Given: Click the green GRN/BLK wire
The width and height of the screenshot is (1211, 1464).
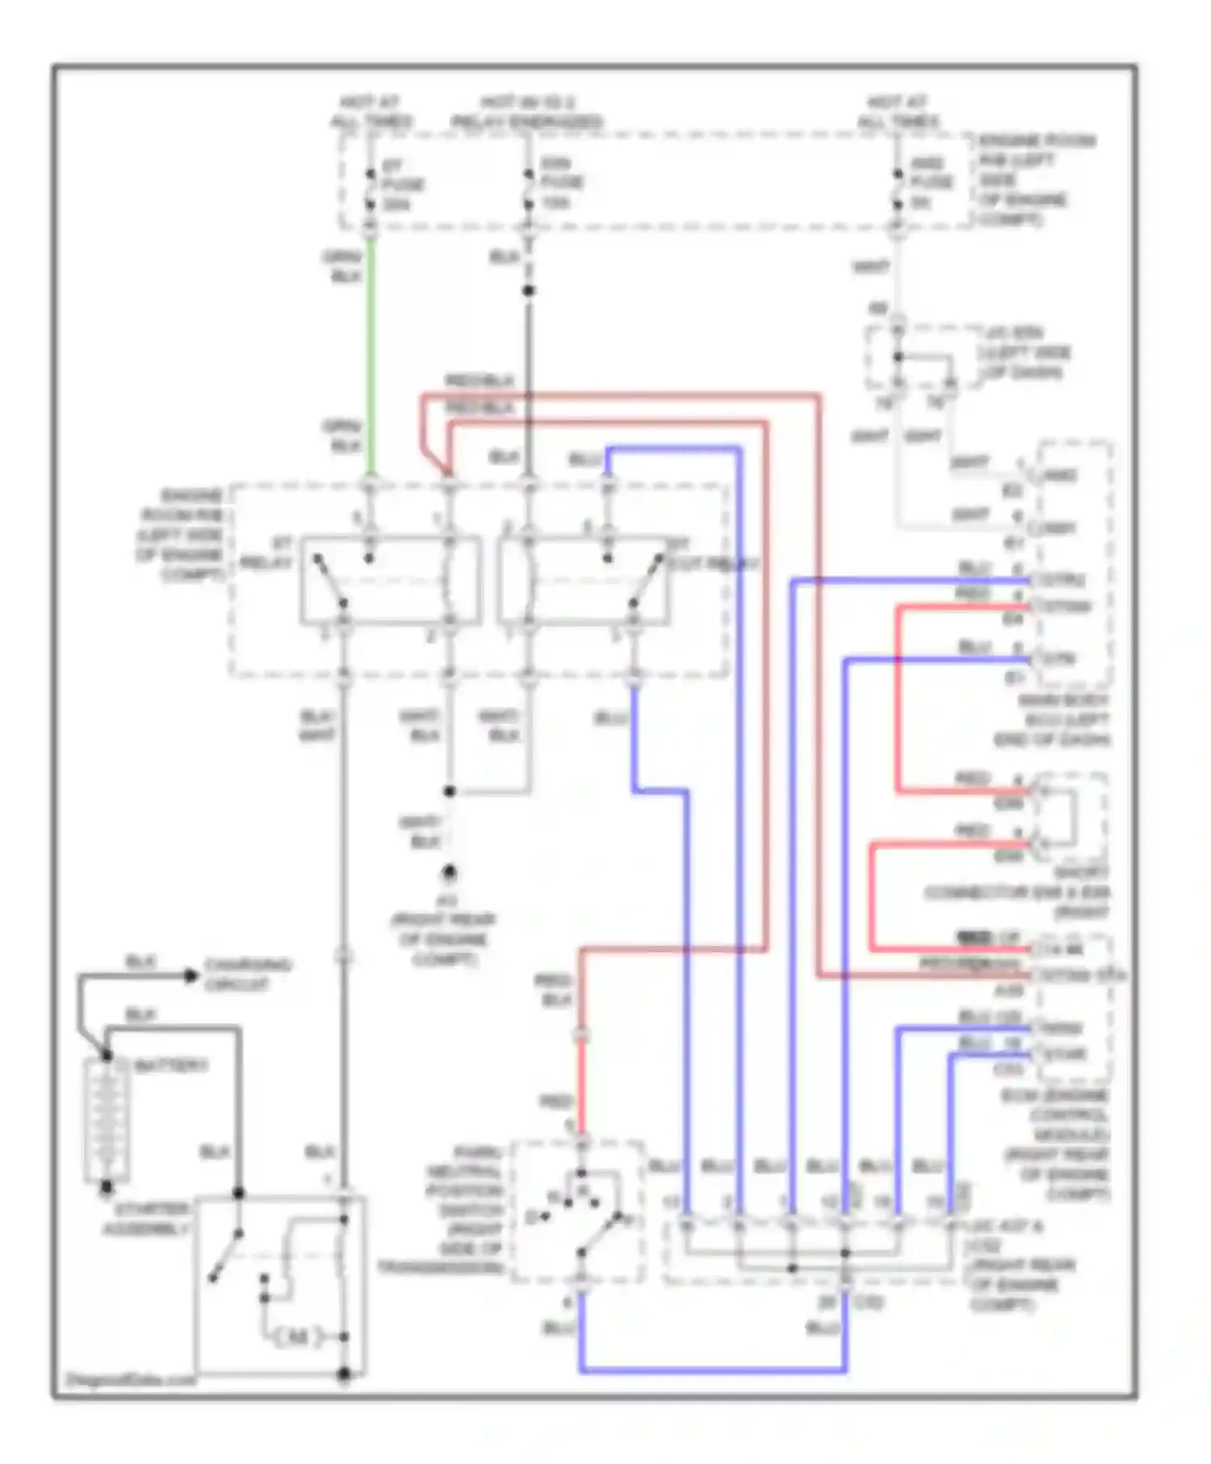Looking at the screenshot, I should click(371, 355).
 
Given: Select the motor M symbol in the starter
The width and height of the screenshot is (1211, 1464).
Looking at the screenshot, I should click(298, 1337).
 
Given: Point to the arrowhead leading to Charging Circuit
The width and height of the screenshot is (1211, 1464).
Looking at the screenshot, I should click(191, 976).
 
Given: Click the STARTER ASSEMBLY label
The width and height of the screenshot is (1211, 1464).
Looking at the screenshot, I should click(152, 1219).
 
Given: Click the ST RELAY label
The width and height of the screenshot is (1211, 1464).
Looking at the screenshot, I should click(267, 554).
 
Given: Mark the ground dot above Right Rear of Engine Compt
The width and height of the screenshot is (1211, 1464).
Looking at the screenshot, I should click(449, 872).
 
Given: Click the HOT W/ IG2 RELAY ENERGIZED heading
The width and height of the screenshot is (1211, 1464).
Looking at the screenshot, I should click(526, 112).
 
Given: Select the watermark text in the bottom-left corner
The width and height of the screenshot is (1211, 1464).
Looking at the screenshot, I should click(129, 1379).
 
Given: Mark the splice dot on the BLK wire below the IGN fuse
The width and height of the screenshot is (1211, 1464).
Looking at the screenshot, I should click(528, 291).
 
